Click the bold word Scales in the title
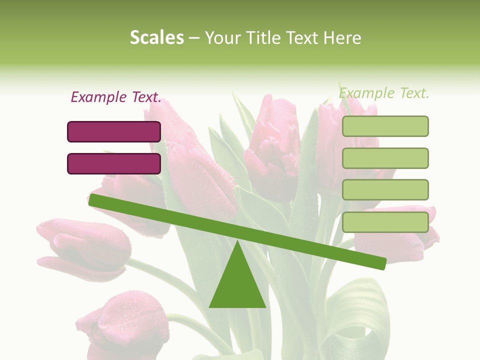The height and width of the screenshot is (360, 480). tap(156, 37)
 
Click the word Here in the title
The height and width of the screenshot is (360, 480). tap(342, 37)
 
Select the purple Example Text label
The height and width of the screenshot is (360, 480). tap(116, 97)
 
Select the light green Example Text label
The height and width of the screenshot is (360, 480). tap(384, 93)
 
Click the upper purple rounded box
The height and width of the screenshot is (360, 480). tap(114, 131)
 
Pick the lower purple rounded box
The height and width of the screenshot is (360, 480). tap(114, 163)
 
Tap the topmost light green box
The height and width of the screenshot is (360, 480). tap(385, 126)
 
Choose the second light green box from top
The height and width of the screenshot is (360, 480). tap(385, 158)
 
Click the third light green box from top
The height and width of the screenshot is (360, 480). tap(385, 190)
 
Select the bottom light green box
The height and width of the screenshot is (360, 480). tap(385, 222)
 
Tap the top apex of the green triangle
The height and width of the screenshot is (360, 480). tap(237, 242)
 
